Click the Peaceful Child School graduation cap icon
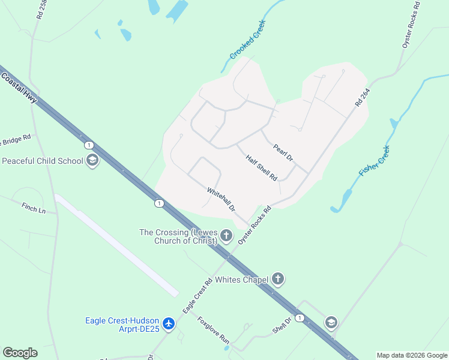[92, 161]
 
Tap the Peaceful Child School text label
[43, 161]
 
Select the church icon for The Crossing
[226, 235]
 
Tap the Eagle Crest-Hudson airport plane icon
[169, 324]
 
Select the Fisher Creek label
[375, 161]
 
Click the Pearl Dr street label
[283, 152]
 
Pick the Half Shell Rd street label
[261, 168]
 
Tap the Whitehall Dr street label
[221, 200]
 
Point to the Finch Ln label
[34, 209]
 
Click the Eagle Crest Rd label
[198, 296]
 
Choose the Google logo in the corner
[20, 353]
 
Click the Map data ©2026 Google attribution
[412, 355]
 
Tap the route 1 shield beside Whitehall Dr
[158, 203]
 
